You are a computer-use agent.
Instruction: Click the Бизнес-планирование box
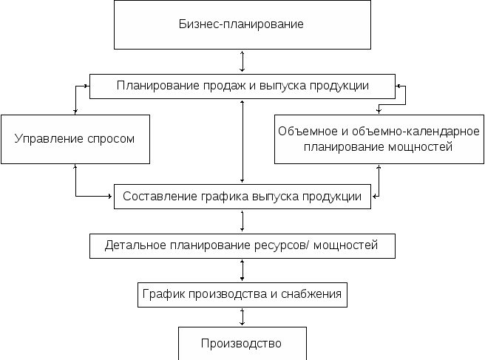242,24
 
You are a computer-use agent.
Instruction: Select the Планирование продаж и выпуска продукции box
243,86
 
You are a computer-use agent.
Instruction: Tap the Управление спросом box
75,138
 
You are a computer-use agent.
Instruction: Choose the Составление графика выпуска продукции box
243,197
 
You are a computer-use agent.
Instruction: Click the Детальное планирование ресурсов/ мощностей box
243,245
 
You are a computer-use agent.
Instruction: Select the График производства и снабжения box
243,294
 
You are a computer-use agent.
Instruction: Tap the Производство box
242,343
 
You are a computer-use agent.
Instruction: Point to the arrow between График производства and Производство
243,317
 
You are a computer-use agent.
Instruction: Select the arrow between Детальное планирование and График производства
243,270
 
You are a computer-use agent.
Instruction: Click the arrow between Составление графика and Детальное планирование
243,221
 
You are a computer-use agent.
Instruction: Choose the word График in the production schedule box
161,294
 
